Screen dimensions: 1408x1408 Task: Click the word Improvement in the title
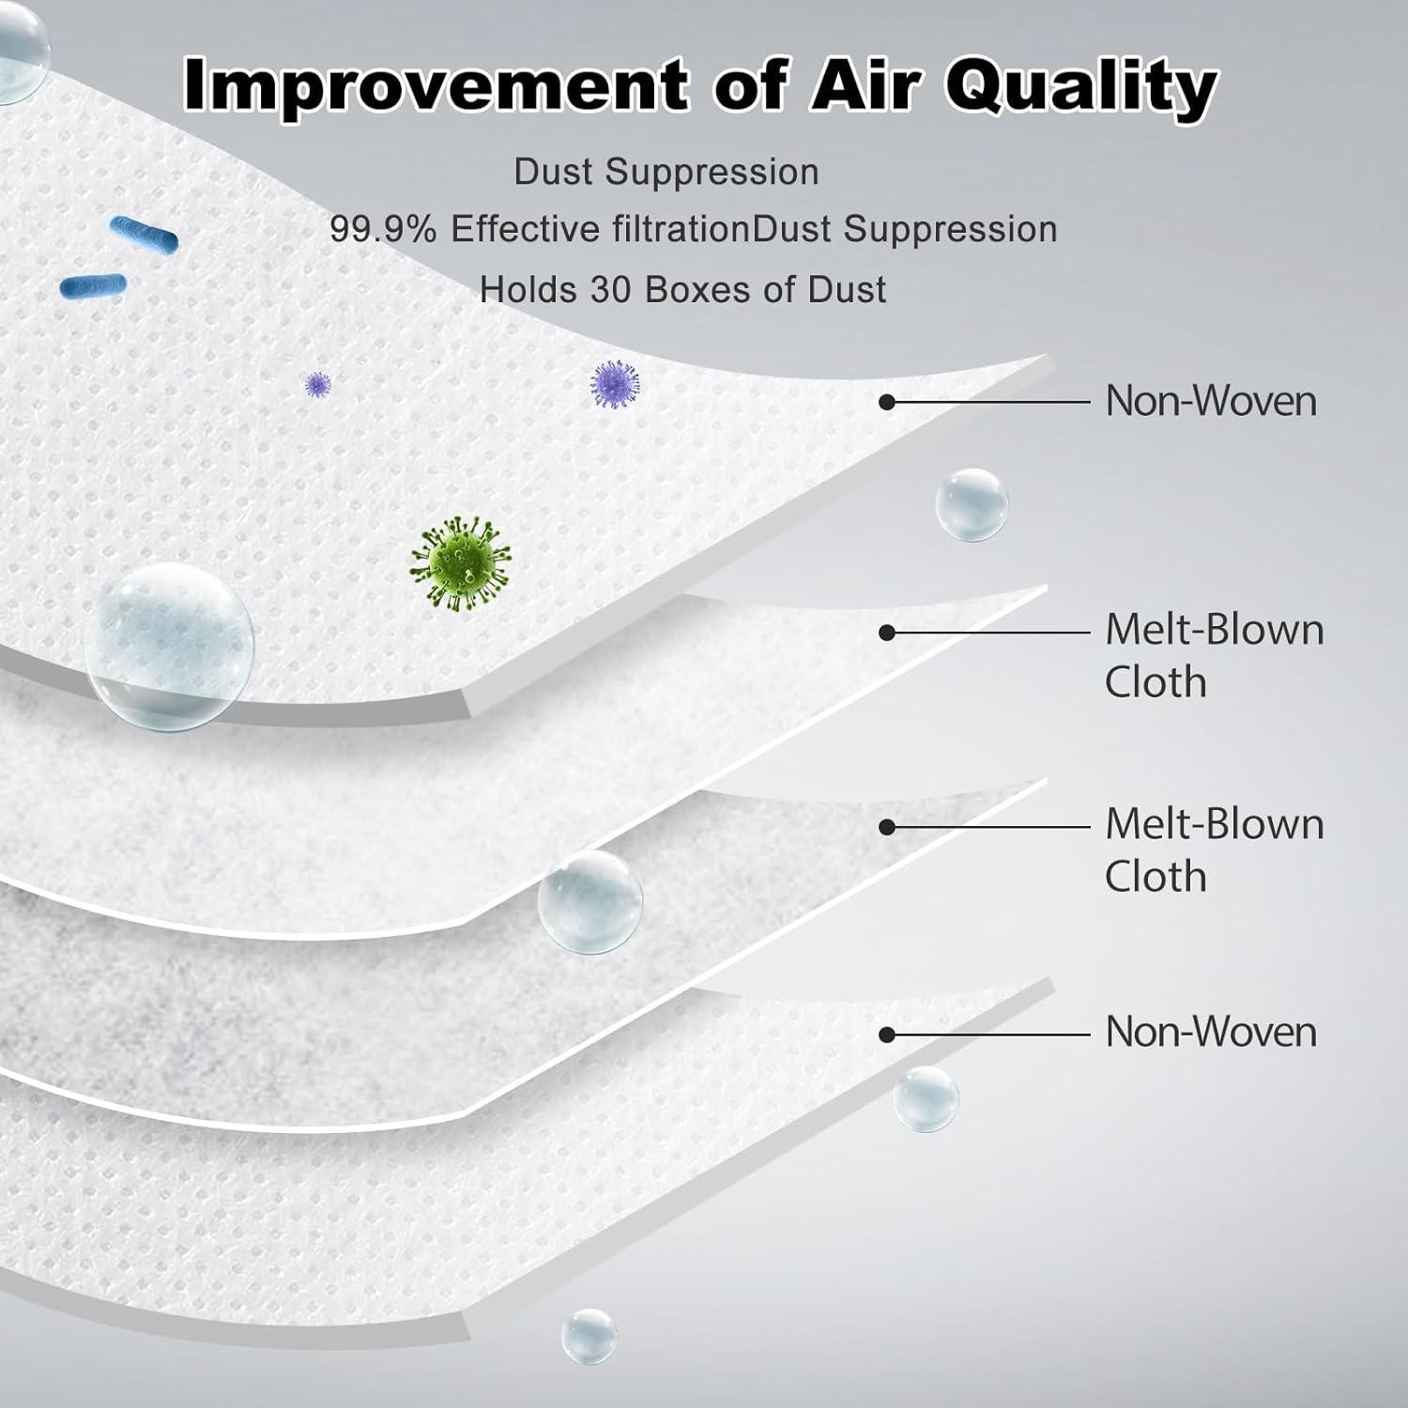pos(436,84)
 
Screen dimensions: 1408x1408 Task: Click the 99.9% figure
pos(383,229)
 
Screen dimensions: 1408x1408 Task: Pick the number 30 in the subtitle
pos(610,290)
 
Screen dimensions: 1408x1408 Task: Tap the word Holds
pos(528,290)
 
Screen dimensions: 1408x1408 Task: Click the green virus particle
pos(460,563)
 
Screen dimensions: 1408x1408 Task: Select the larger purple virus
pos(615,386)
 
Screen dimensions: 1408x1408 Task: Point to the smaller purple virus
pos(318,384)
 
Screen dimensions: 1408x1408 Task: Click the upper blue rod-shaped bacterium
pos(144,235)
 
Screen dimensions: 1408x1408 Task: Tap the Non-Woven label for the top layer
pos(1211,401)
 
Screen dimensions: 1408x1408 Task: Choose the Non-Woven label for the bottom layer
pos(1211,1032)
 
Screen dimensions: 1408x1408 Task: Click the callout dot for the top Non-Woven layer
pos(886,402)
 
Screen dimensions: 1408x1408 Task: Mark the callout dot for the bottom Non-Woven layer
pos(886,1034)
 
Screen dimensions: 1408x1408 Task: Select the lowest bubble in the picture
pos(589,1337)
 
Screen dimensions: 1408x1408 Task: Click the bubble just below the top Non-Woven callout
pos(972,505)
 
